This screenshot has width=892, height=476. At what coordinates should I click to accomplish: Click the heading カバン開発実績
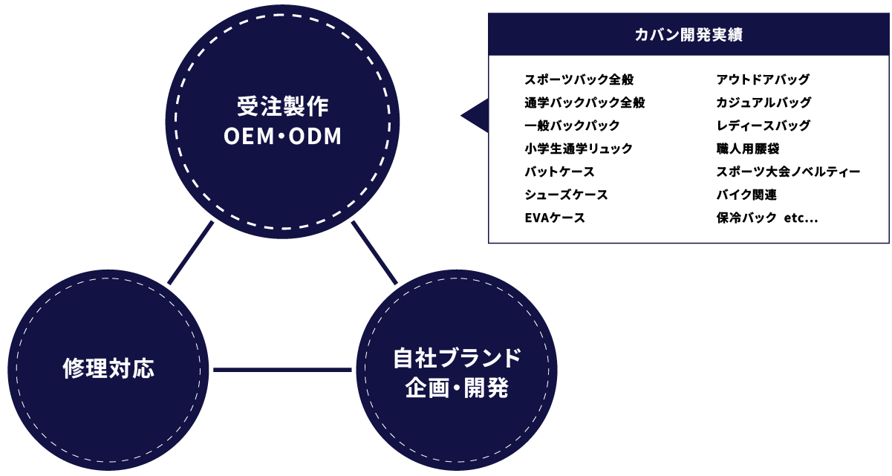pyautogui.click(x=688, y=35)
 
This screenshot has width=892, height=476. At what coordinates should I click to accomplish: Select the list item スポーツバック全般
pyautogui.click(x=579, y=79)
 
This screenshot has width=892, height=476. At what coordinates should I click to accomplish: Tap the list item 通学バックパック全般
pyautogui.click(x=585, y=102)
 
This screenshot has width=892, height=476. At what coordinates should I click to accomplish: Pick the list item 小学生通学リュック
pyautogui.click(x=579, y=149)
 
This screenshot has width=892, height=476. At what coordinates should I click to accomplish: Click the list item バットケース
pyautogui.click(x=559, y=172)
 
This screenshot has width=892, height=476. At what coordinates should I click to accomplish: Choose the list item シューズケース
pyautogui.click(x=566, y=195)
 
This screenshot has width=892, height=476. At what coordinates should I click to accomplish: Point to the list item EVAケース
pyautogui.click(x=555, y=218)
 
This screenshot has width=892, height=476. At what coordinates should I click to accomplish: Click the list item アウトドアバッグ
pyautogui.click(x=763, y=79)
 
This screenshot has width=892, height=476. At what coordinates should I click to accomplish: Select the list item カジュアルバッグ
pyautogui.click(x=764, y=102)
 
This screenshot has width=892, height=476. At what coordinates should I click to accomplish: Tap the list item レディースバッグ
pyautogui.click(x=764, y=125)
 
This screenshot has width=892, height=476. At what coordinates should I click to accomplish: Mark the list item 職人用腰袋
pyautogui.click(x=748, y=149)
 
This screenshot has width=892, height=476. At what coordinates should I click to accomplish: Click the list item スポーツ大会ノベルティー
pyautogui.click(x=789, y=172)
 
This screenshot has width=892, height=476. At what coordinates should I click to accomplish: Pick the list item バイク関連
pyautogui.click(x=746, y=195)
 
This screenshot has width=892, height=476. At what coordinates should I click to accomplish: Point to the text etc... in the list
pyautogui.click(x=801, y=218)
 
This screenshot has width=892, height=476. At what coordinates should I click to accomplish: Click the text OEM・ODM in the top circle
pyautogui.click(x=283, y=136)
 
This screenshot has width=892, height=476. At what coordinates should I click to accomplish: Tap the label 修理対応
pyautogui.click(x=108, y=368)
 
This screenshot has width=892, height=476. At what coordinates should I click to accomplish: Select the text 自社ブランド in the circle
pyautogui.click(x=458, y=358)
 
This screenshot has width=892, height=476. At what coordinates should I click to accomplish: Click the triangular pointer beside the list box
pyautogui.click(x=475, y=115)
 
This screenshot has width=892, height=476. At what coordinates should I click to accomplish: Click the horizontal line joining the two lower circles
pyautogui.click(x=282, y=370)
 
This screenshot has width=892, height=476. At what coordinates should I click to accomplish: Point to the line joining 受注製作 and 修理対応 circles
pyautogui.click(x=191, y=252)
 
